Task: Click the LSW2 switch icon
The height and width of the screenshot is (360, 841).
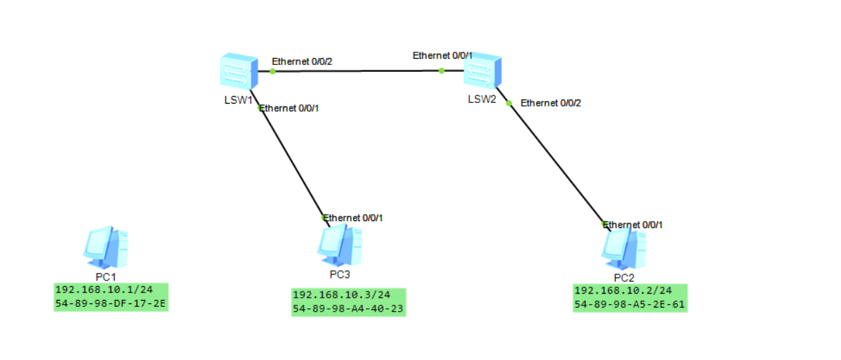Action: pyautogui.click(x=482, y=71)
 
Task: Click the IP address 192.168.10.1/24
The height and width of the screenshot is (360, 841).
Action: pyautogui.click(x=103, y=290)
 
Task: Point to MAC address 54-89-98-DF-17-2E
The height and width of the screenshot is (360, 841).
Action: pyautogui.click(x=111, y=303)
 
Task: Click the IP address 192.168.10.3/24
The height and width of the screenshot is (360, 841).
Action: pyautogui.click(x=341, y=295)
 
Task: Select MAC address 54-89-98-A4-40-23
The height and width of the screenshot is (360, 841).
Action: pyautogui.click(x=348, y=309)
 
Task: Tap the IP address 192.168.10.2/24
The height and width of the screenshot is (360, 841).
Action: pyautogui.click(x=623, y=290)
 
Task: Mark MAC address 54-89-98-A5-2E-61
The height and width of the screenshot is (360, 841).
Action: pyautogui.click(x=630, y=304)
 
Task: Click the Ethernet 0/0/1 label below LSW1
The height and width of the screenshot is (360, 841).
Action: pyautogui.click(x=289, y=108)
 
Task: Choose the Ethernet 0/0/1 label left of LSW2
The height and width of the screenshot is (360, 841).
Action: pyautogui.click(x=442, y=55)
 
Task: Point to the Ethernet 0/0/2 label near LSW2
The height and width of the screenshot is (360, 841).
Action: pyautogui.click(x=551, y=103)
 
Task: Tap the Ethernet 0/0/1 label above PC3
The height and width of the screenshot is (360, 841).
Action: pyautogui.click(x=353, y=218)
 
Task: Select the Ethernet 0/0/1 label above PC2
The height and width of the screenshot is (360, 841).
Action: pyautogui.click(x=633, y=225)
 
